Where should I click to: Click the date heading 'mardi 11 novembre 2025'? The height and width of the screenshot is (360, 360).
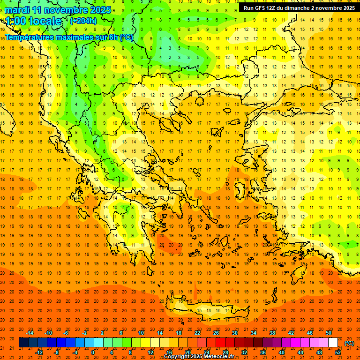[58, 10]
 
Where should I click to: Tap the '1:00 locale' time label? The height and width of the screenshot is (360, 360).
[34, 21]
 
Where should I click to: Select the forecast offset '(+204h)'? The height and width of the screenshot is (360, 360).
[83, 21]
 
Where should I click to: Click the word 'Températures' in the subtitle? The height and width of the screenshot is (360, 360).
[29, 37]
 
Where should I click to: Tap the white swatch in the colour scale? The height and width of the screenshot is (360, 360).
[333, 343]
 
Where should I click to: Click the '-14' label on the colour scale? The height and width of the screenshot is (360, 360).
[29, 333]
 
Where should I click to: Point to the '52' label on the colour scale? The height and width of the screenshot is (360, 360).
[338, 352]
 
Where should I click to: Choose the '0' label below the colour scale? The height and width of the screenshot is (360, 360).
[93, 352]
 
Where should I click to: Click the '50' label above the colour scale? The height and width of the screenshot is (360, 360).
[329, 333]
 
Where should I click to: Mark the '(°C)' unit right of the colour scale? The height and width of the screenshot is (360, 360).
[349, 343]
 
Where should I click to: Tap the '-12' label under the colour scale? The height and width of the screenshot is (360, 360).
[39, 352]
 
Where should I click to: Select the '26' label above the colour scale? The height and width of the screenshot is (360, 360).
[216, 333]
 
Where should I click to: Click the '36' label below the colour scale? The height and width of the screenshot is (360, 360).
[263, 352]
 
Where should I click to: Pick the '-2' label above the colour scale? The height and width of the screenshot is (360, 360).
[84, 333]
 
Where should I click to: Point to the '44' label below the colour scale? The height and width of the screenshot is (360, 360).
[300, 352]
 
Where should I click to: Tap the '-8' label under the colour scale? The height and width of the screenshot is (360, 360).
[57, 352]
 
